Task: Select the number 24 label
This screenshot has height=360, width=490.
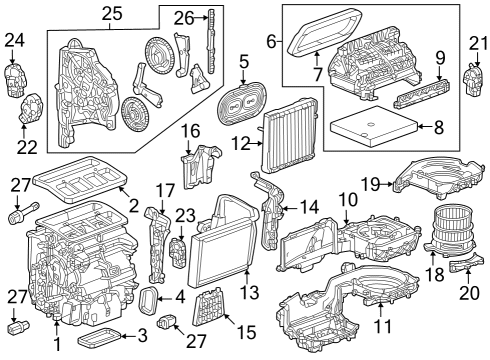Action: coord(13,39)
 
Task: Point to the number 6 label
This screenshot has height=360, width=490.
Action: coord(270,43)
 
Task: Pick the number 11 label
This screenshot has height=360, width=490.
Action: coord(380,326)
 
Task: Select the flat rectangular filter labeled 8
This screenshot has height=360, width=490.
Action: coord(370,127)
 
